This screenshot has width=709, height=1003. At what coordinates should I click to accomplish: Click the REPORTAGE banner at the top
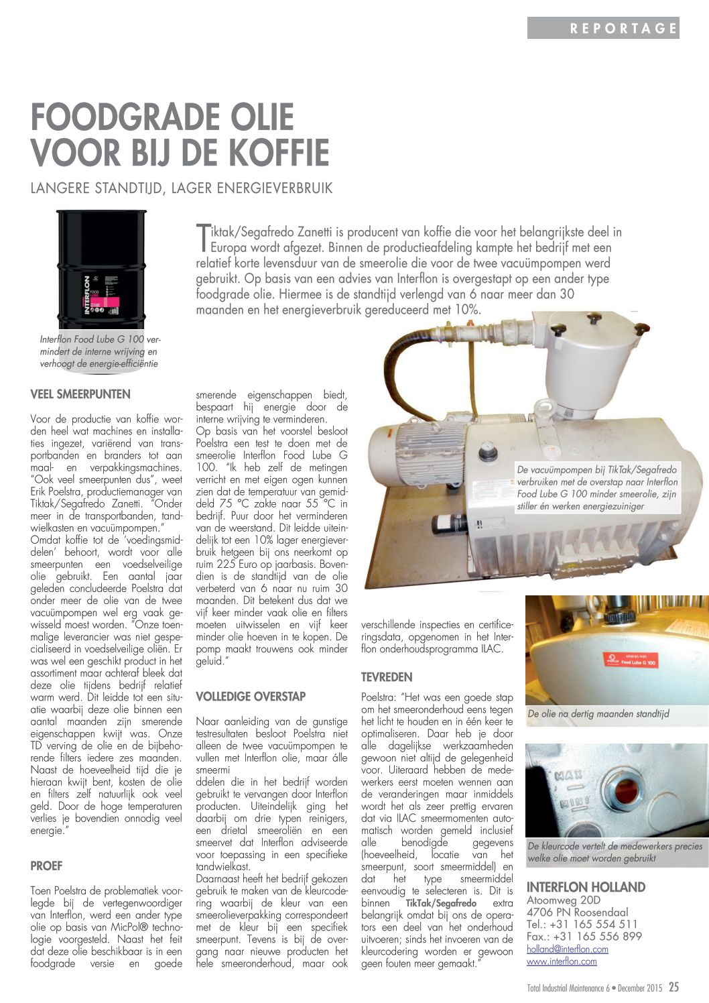click(603, 28)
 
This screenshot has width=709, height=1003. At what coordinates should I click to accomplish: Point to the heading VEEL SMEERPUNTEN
click(80, 394)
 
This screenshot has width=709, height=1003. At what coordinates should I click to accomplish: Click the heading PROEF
click(46, 866)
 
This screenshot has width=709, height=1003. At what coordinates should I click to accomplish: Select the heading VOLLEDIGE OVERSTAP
click(251, 697)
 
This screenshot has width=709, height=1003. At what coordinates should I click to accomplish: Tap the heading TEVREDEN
click(387, 677)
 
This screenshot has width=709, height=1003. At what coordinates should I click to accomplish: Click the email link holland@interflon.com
click(567, 949)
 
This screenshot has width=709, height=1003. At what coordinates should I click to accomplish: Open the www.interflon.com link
click(562, 961)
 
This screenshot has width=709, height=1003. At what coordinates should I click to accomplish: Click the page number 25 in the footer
click(673, 987)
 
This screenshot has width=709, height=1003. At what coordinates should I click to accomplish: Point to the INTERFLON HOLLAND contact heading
click(586, 887)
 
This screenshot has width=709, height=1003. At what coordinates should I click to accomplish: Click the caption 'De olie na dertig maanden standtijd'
click(598, 714)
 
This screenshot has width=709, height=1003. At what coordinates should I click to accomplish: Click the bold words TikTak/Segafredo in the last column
click(441, 903)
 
